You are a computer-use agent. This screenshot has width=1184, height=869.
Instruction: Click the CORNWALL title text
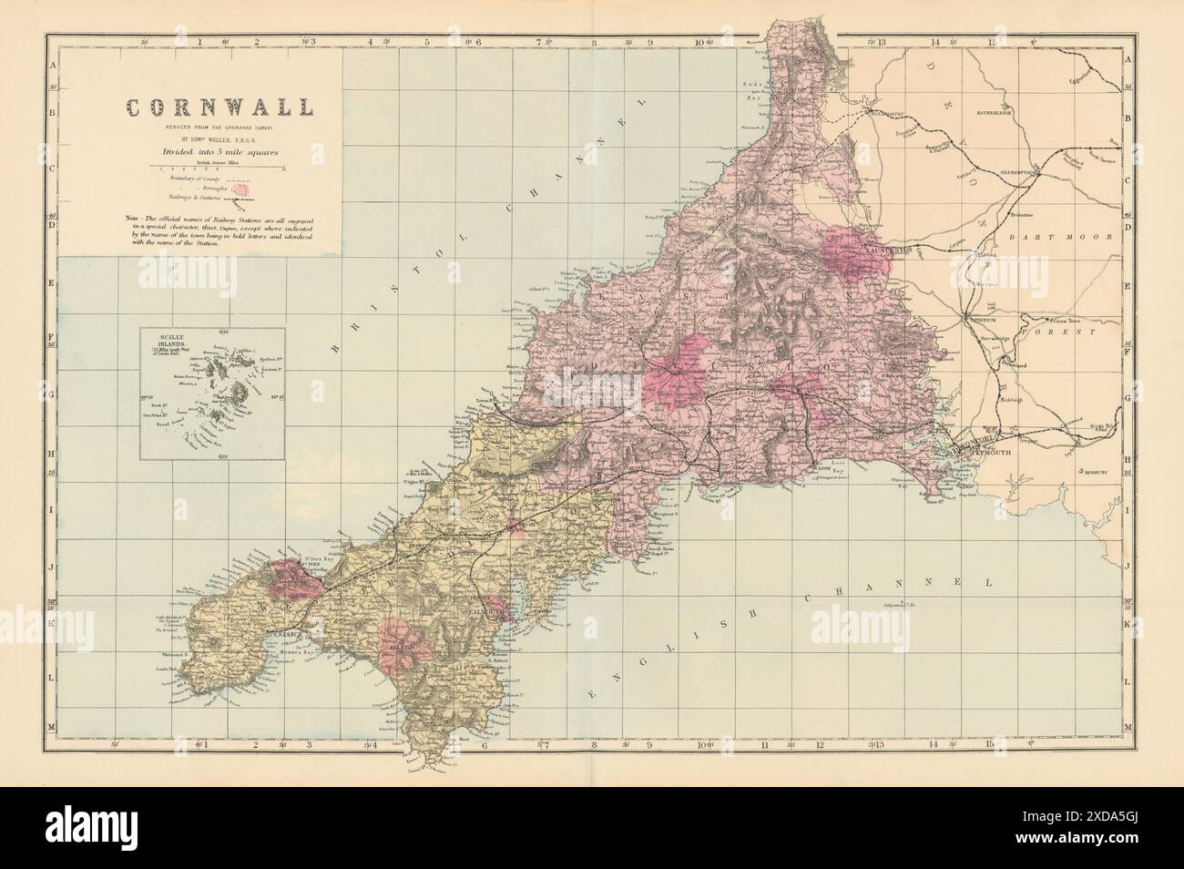click(x=219, y=107)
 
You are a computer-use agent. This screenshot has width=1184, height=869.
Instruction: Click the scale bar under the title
click(x=220, y=169)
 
